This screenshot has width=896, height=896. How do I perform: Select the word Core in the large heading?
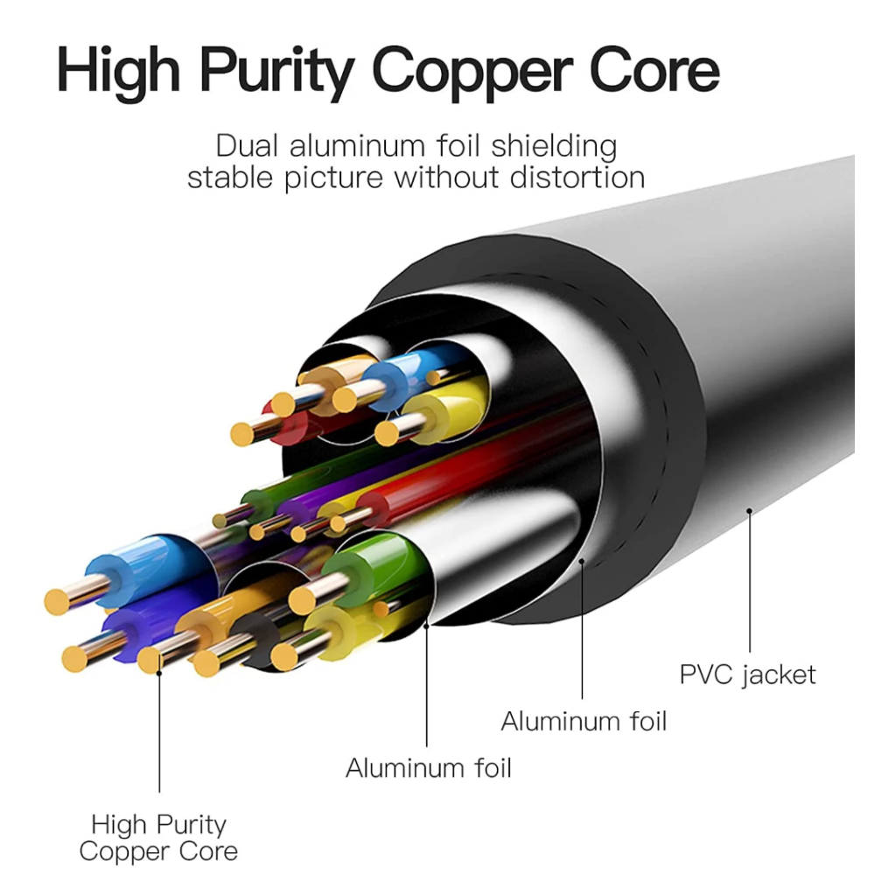[x=665, y=70]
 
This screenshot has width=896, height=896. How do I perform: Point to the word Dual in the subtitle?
[x=248, y=144]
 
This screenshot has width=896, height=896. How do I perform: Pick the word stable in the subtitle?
[x=228, y=178]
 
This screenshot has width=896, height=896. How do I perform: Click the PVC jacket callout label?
[x=747, y=675]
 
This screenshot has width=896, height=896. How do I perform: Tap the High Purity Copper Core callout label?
[x=158, y=837]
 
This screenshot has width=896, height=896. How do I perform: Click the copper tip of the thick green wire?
[x=303, y=599]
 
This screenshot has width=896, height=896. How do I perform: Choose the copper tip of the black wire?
[x=206, y=661]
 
